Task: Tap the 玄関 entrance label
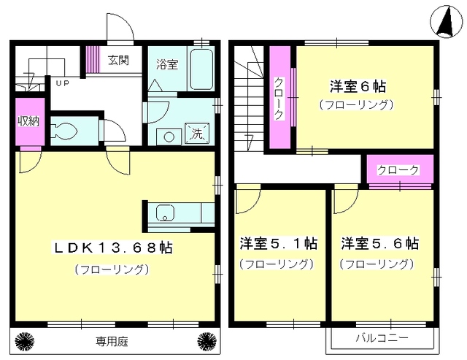[120, 60]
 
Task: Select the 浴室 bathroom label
[166, 64]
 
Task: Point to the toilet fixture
[66, 131]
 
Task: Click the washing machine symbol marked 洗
[197, 133]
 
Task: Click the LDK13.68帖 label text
[112, 248]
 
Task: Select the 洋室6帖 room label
[357, 86]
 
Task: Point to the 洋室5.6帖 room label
[379, 243]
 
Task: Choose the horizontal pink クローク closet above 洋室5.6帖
[398, 170]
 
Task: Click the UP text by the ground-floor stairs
[63, 83]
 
